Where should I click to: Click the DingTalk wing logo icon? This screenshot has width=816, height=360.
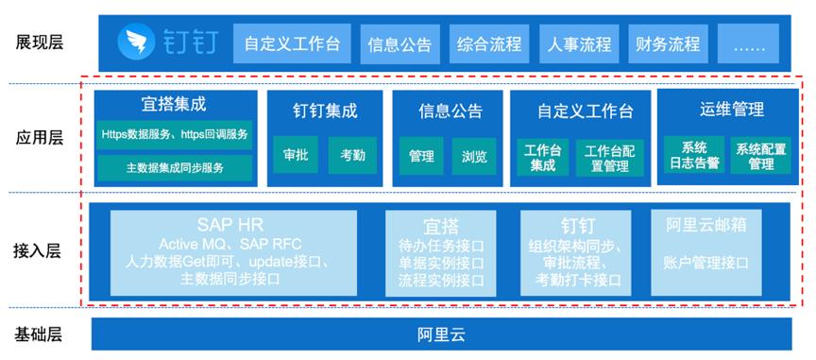coord(135,43)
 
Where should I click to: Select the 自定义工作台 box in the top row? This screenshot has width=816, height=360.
coord(292,43)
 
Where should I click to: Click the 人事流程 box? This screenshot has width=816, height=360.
coord(579,43)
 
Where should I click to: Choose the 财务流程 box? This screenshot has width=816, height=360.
coord(668,43)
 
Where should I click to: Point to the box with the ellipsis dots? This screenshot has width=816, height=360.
coord(748,43)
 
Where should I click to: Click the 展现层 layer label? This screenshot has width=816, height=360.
coord(40,43)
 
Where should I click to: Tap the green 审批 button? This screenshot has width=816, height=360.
coord(294,155)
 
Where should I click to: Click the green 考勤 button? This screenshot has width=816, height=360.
coord(352,155)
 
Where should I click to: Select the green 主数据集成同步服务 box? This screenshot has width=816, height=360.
coord(176,168)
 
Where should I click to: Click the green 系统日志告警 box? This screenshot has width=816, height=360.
coord(694,155)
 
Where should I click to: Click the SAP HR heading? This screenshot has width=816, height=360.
coord(233,226)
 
